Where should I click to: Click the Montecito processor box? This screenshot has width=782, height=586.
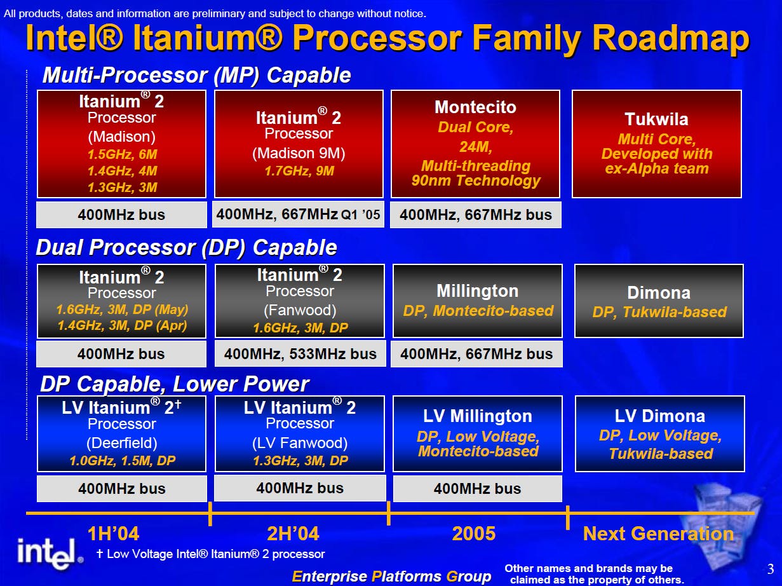475,144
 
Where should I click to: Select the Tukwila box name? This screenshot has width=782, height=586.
656,119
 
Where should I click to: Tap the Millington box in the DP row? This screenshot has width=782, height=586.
477,301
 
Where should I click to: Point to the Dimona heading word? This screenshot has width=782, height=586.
659,292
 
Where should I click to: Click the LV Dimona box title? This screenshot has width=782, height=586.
660,416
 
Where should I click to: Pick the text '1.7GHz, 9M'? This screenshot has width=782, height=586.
299,171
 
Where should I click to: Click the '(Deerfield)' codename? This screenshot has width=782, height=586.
122,443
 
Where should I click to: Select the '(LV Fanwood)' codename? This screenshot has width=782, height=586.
300,443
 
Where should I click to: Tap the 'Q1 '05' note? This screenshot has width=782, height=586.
361,215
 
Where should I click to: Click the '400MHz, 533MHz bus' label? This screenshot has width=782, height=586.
300,354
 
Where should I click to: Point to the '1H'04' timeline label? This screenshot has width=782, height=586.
113,534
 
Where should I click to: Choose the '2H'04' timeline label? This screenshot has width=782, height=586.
293,534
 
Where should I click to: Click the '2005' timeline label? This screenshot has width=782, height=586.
474,534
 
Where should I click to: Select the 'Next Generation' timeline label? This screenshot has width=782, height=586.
658,534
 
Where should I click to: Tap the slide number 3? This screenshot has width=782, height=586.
771,569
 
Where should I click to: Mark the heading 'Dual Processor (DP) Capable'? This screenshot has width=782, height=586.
186,247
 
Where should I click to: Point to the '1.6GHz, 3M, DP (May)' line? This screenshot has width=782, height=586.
122,310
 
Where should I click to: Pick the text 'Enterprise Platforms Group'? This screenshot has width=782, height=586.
391,576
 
